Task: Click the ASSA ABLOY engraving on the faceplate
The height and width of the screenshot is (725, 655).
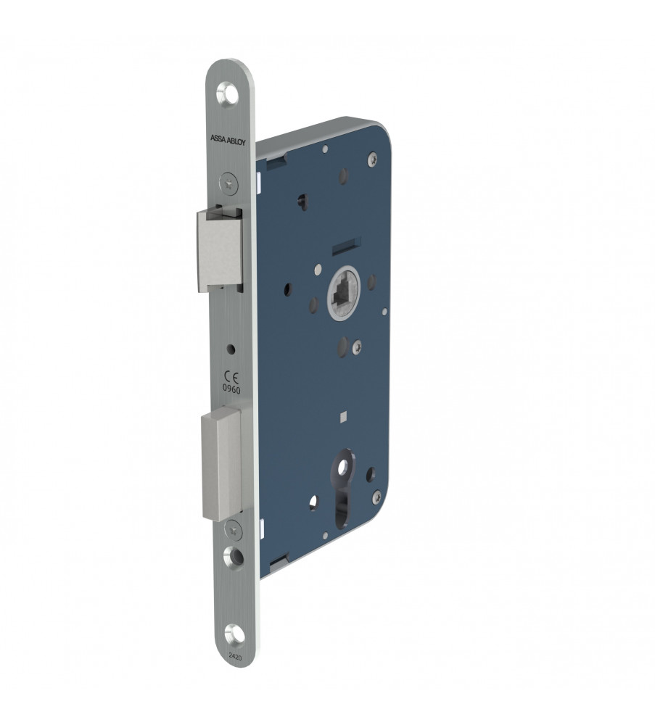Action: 228,140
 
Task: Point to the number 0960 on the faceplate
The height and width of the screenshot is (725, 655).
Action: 231,390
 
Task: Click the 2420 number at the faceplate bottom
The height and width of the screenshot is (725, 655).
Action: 235,655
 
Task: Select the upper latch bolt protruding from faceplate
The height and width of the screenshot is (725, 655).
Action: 220,249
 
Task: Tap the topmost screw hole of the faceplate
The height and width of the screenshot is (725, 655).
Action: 228,93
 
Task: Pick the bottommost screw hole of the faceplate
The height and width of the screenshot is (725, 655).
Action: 234,634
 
